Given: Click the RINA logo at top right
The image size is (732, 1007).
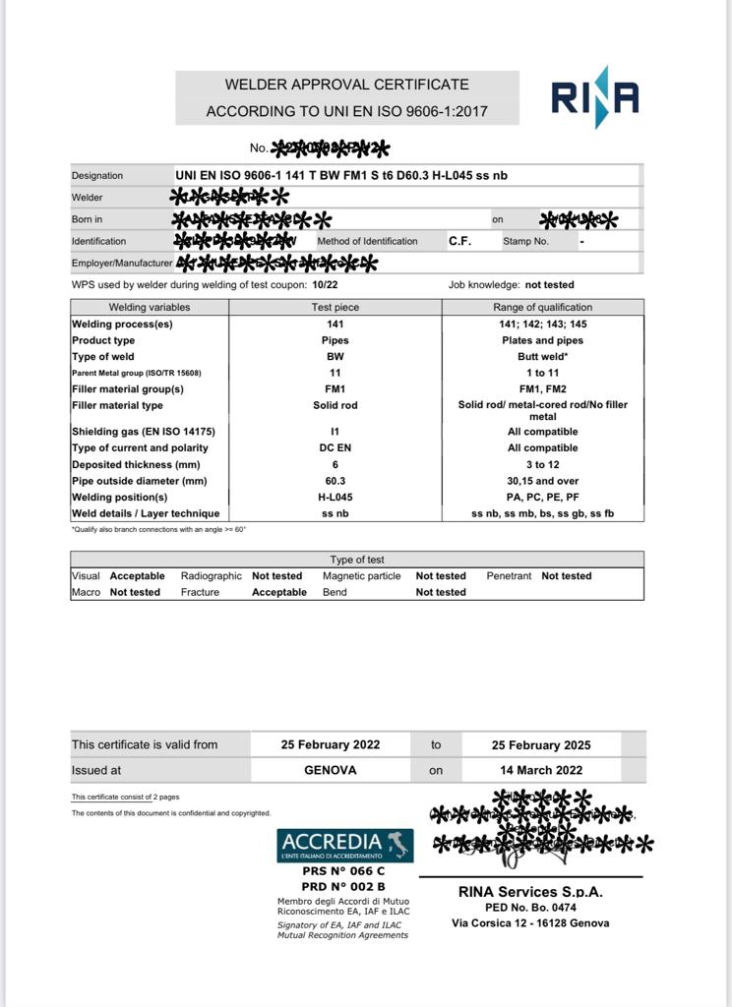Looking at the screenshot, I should coord(594,97).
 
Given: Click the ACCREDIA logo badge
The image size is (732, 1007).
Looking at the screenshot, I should coord(344,845).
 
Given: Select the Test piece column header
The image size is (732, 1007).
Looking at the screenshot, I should coord(335,307).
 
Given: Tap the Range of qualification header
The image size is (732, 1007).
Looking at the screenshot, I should coord(543,307).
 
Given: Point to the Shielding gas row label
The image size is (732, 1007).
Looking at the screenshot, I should coord(143,432).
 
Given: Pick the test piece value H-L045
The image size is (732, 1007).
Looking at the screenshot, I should coord(335,498).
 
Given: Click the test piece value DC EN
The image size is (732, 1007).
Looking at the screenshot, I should coord(335,448).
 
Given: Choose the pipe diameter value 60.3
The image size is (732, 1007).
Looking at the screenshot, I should coord(335,481).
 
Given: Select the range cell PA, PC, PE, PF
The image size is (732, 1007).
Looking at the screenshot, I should coord(543,498).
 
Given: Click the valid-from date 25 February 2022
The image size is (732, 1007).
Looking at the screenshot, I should coord(330,745).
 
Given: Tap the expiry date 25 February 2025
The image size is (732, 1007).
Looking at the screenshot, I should coord(541,745).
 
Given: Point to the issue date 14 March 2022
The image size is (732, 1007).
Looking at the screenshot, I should coord(541,770).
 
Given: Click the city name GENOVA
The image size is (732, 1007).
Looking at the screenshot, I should coord(330,770).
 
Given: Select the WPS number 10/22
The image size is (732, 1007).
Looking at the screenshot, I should coord(324,285).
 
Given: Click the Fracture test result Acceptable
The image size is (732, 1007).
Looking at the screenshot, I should coord(278,592).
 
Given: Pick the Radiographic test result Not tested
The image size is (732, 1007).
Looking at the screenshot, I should coord(276,575).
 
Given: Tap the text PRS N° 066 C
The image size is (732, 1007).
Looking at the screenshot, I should coord(342,870).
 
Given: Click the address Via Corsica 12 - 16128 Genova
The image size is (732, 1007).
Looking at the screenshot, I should coord(530,922).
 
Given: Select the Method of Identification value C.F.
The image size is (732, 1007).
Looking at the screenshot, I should coord(459,241).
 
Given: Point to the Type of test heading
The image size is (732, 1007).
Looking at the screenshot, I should coord(356,559).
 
